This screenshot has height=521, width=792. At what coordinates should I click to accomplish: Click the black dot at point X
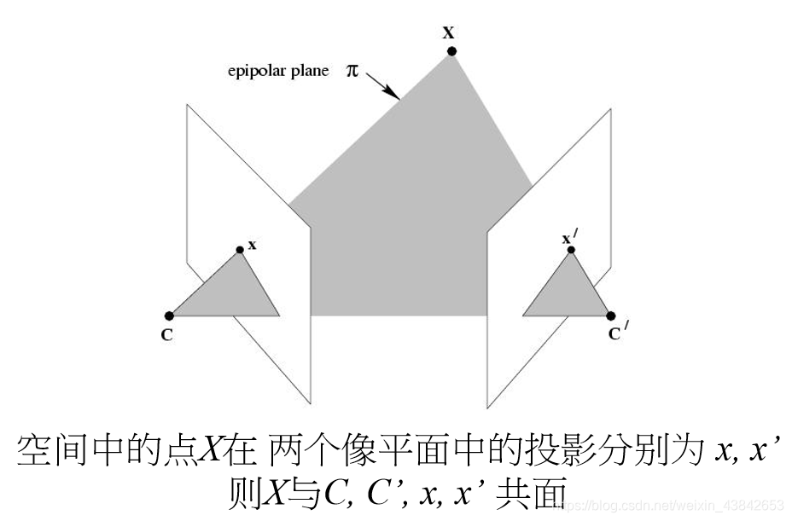point(451,51)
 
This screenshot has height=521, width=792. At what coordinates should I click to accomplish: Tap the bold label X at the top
point(448,32)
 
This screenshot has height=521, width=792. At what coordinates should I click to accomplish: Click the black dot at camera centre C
point(169,316)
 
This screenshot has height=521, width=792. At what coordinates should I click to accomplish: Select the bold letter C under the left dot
point(166,335)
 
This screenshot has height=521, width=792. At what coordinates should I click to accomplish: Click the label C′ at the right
point(617,333)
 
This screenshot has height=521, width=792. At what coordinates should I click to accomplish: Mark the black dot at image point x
point(240,250)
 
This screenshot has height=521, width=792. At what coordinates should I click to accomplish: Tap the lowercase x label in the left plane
point(253,245)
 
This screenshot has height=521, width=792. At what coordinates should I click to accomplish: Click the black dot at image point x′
point(571,250)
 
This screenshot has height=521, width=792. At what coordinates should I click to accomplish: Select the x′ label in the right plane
point(568,238)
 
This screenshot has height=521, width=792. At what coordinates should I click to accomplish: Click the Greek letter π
point(352,70)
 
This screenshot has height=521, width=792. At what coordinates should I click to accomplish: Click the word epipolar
point(254,72)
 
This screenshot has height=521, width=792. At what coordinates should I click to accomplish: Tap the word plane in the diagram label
point(309,72)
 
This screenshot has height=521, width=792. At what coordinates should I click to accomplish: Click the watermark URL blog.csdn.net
point(674,505)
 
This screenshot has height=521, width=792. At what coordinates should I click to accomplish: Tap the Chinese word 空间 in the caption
point(55,450)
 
